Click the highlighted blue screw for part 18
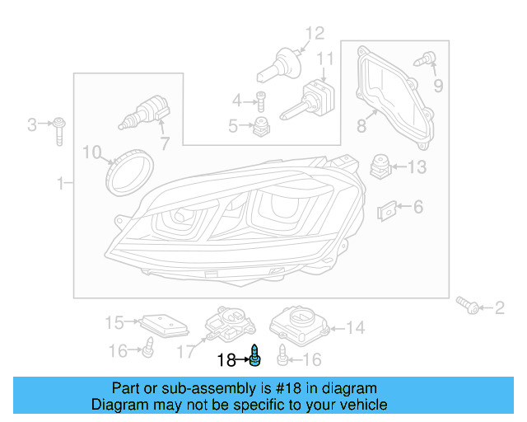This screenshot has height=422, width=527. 255,357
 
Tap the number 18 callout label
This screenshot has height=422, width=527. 226,360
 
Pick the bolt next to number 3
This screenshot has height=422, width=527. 60,129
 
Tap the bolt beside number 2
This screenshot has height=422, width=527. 470,307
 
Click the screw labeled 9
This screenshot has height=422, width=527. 426,59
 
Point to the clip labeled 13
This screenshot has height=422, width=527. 380,166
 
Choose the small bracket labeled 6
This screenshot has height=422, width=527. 385,210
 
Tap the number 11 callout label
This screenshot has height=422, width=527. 325,59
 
